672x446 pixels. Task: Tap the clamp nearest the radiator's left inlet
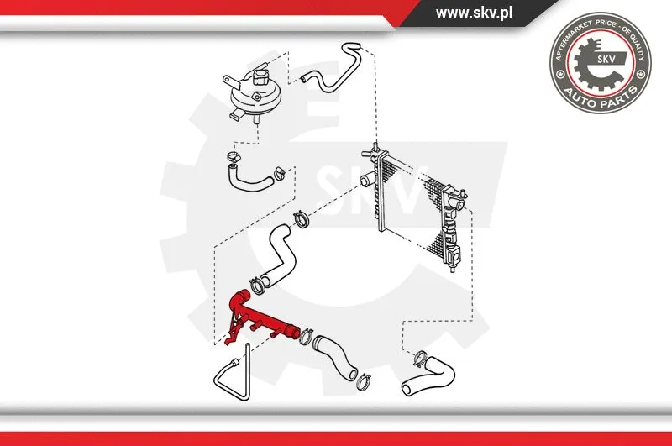(302, 223)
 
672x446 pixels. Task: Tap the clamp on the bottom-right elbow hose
(420, 359)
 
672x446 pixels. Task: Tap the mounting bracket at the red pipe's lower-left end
(232, 336)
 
